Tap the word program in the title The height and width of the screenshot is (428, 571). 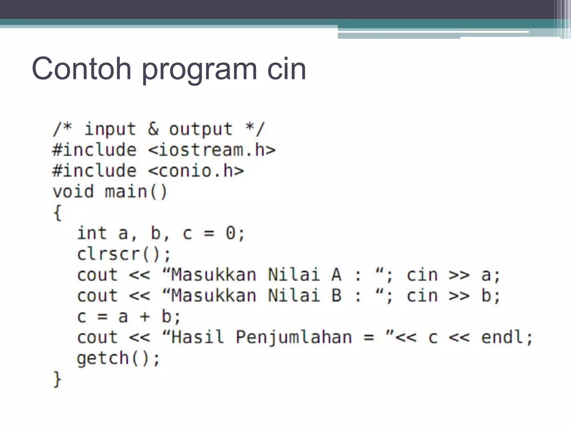pyautogui.click(x=199, y=70)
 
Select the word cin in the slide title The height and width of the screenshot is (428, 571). pyautogui.click(x=286, y=69)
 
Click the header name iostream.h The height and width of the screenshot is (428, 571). pyautogui.click(x=212, y=150)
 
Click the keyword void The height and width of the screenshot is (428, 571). pyautogui.click(x=73, y=192)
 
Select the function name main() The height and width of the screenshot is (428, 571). pyautogui.click(x=136, y=192)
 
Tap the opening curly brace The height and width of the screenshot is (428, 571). pyautogui.click(x=57, y=213)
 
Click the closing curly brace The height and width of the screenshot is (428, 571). pyautogui.click(x=57, y=379)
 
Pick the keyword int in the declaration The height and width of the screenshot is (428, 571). pyautogui.click(x=92, y=233)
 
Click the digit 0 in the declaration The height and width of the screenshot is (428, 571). pyautogui.click(x=231, y=233)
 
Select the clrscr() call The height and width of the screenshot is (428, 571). pyautogui.click(x=124, y=254)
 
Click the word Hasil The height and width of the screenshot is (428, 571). pyautogui.click(x=198, y=337)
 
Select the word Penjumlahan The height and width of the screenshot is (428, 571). pyautogui.click(x=294, y=338)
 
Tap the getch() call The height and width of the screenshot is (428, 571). pyautogui.click(x=118, y=358)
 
